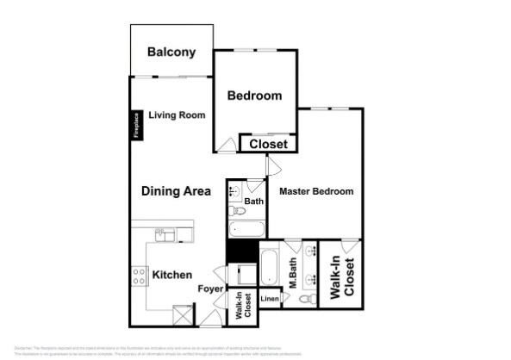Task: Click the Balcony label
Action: click(171, 53)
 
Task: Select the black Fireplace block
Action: click(135, 124)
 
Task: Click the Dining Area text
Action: click(177, 192)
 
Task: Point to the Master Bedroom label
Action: click(316, 192)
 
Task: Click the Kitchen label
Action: click(171, 276)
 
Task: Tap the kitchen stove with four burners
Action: click(138, 276)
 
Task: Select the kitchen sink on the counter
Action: click(165, 233)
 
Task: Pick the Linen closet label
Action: click(270, 299)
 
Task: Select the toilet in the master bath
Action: click(307, 300)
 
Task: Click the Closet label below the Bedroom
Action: click(268, 144)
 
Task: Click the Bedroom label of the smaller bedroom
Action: click(254, 96)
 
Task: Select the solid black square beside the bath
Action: click(242, 251)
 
